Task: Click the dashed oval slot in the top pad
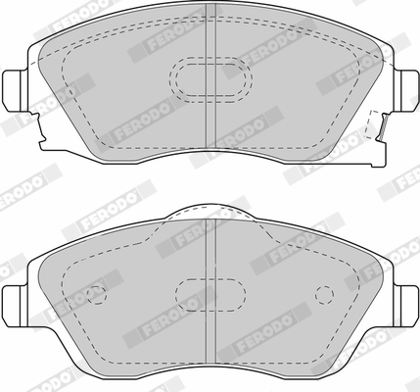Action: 210,79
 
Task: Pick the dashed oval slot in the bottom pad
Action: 210,295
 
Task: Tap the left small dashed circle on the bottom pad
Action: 97,295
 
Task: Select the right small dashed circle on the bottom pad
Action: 324,295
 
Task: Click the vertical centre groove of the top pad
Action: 210,75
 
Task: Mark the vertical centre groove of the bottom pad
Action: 210,291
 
